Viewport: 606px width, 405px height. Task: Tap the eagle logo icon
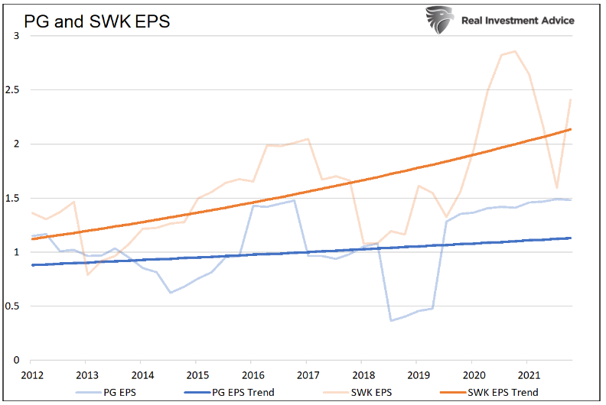[440, 21]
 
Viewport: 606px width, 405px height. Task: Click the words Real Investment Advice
[517, 21]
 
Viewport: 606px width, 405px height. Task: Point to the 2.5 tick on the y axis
[12, 90]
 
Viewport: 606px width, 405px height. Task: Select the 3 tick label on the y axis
[17, 36]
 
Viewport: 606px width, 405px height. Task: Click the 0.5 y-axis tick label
[12, 306]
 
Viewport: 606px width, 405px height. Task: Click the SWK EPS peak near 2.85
[514, 51]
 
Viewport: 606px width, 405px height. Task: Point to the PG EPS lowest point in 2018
[391, 320]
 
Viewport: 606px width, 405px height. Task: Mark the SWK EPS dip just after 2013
[88, 274]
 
